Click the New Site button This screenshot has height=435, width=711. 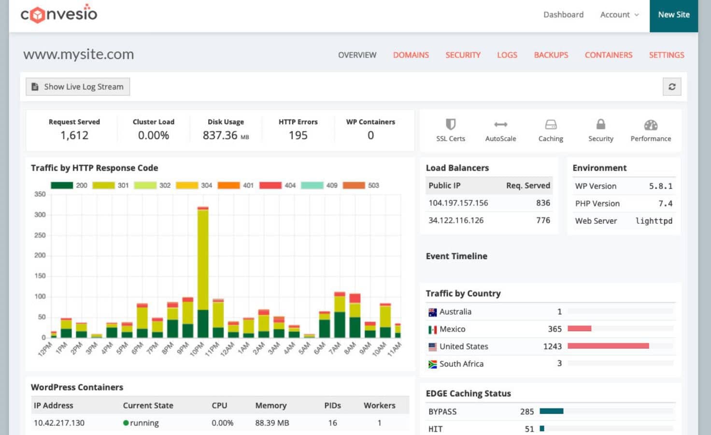673,15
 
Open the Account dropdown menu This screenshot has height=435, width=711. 619,15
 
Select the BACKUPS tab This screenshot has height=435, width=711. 551,55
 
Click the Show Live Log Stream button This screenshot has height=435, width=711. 78,87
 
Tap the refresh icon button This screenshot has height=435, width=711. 671,87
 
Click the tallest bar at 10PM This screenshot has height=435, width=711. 203,271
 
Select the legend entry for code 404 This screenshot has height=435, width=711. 278,185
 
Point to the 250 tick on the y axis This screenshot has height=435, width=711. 40,235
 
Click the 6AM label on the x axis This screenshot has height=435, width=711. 320,348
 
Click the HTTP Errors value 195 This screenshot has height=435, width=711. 298,135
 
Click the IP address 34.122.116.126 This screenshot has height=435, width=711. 456,220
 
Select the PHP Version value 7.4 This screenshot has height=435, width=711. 665,203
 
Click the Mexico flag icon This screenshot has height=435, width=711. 432,330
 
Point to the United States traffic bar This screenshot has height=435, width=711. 608,346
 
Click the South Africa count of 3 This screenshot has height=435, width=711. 559,363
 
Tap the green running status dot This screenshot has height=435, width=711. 126,423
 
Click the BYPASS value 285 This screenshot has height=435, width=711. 526,412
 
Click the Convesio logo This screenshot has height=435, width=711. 59,14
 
